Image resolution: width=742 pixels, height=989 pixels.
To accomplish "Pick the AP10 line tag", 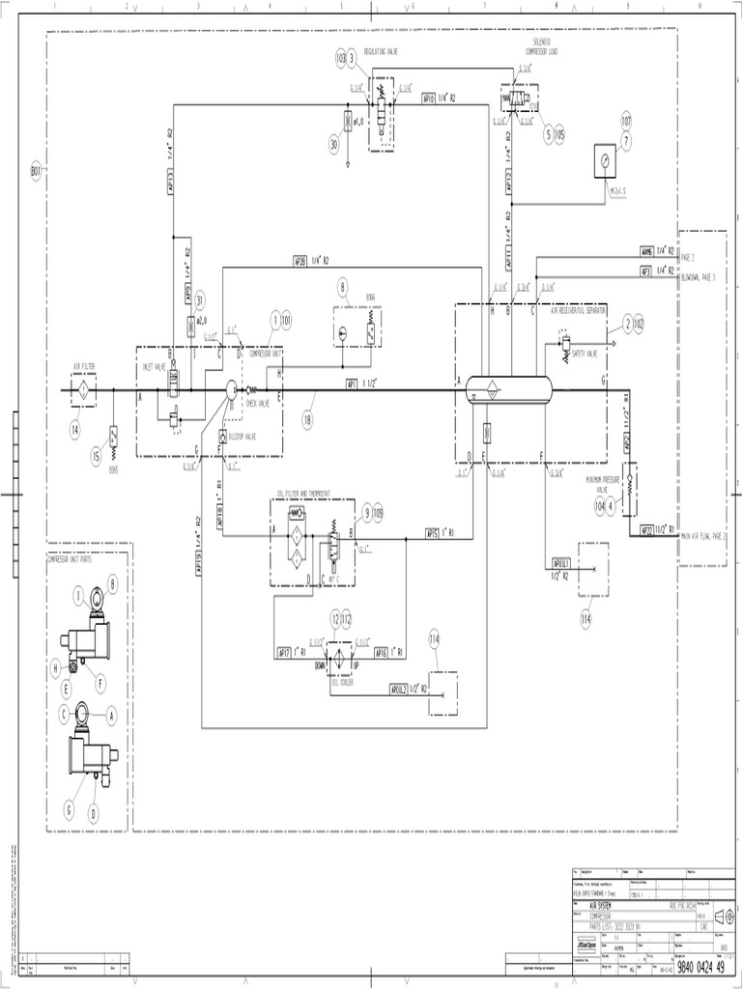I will [x=429, y=98].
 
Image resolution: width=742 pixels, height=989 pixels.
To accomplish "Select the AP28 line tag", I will [x=300, y=261].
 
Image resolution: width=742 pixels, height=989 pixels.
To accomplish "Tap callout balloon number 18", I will [x=307, y=418].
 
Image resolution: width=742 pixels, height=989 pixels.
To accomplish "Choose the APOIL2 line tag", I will [x=401, y=689].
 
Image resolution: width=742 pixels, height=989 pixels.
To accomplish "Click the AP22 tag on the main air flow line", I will [x=647, y=530].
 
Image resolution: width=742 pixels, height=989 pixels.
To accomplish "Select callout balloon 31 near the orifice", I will [x=200, y=298].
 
